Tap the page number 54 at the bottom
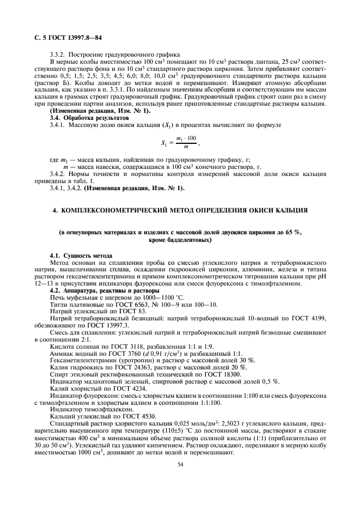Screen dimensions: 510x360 coord(179,464)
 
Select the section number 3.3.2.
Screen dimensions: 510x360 coord(58,54)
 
